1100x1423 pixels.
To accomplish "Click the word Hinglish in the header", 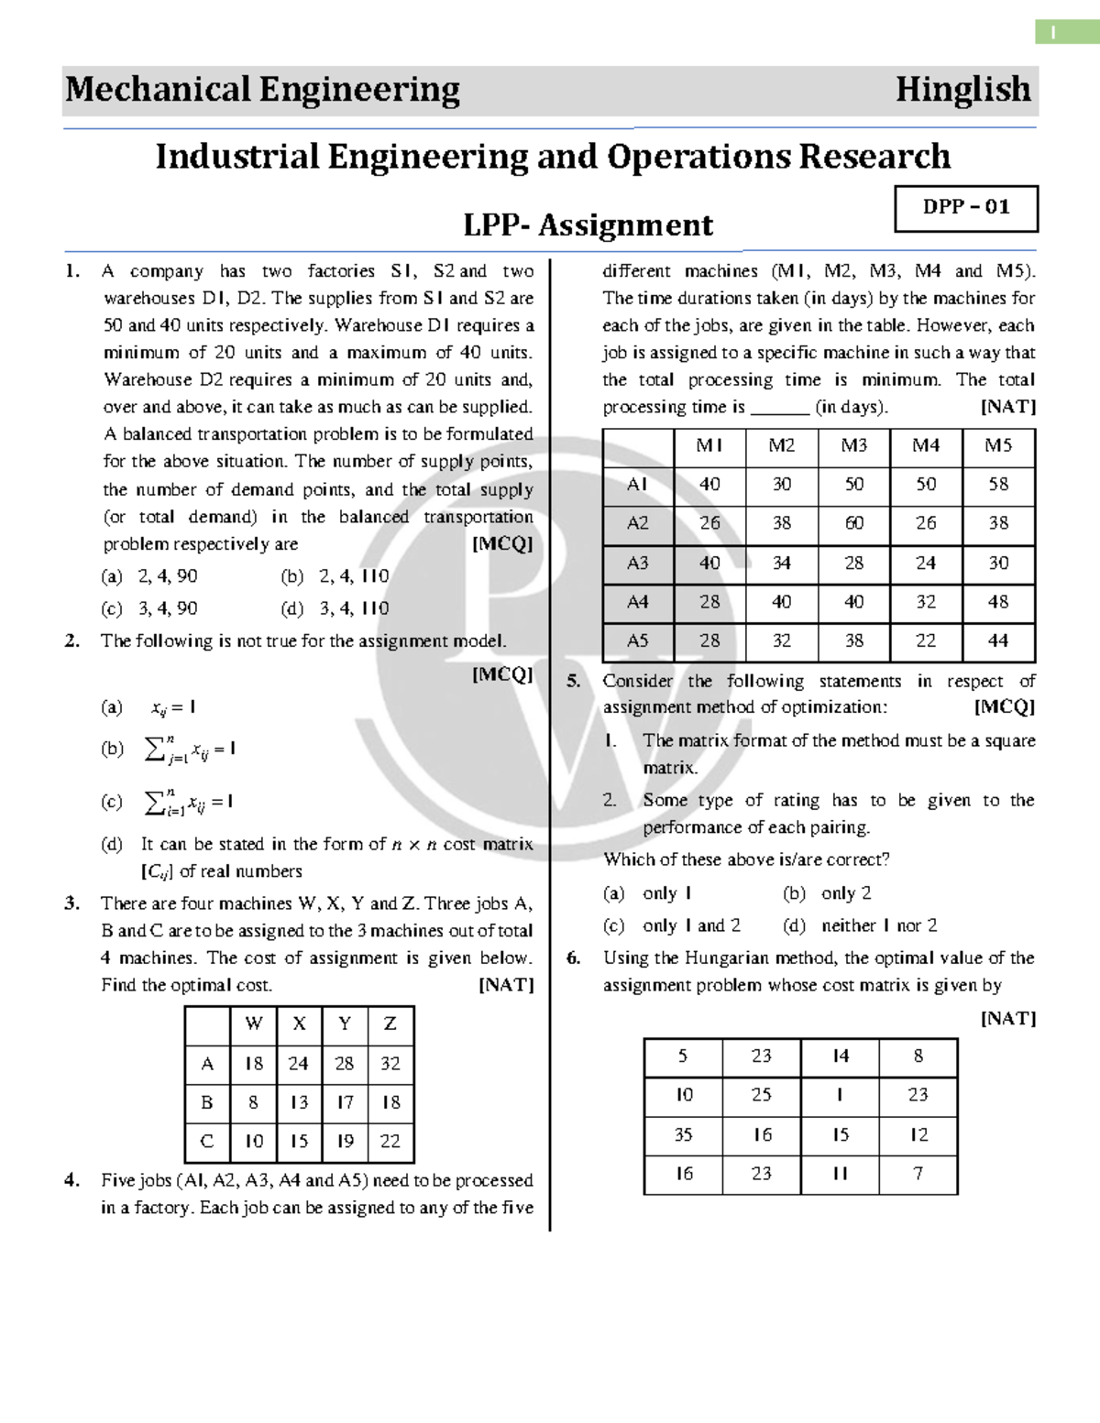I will (x=962, y=90).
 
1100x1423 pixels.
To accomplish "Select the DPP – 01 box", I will (x=965, y=208).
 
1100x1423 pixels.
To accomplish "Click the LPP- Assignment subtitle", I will (x=588, y=225).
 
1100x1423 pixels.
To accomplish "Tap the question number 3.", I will (x=71, y=903).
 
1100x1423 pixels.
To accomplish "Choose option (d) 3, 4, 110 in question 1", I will (x=335, y=608).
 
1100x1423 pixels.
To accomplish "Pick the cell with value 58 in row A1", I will (x=998, y=484).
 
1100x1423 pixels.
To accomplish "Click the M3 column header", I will (x=853, y=445).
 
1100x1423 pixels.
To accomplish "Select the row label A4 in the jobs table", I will (x=637, y=602).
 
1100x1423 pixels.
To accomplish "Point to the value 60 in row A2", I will (x=853, y=523).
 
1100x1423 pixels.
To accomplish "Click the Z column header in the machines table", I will (x=390, y=1023).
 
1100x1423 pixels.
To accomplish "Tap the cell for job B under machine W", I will (x=253, y=1102).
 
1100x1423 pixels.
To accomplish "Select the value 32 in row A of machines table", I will (x=390, y=1063).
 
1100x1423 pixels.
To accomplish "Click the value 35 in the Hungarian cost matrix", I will (x=683, y=1134).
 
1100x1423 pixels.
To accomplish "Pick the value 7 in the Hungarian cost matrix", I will (x=918, y=1174).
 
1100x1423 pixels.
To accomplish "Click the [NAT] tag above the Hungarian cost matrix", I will (x=1007, y=1018).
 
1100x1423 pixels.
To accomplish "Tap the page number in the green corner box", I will (x=1054, y=32).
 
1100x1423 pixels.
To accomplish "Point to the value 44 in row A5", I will (x=998, y=641).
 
